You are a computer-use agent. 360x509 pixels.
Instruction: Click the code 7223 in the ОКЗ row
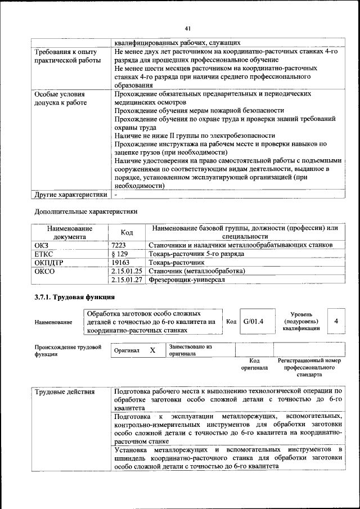119,245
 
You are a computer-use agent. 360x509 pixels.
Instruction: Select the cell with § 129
120,254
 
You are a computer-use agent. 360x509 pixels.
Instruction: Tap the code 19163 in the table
120,262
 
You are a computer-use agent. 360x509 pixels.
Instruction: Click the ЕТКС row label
43,254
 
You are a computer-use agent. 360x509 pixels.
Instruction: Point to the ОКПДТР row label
49,262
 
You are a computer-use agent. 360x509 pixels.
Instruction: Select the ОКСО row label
44,271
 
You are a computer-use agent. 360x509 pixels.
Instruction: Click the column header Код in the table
127,233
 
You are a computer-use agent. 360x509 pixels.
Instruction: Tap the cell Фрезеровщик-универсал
183,280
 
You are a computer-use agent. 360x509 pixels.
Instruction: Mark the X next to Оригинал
152,350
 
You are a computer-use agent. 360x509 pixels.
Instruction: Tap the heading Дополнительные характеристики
86,211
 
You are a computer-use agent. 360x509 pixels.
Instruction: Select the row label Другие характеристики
70,195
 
